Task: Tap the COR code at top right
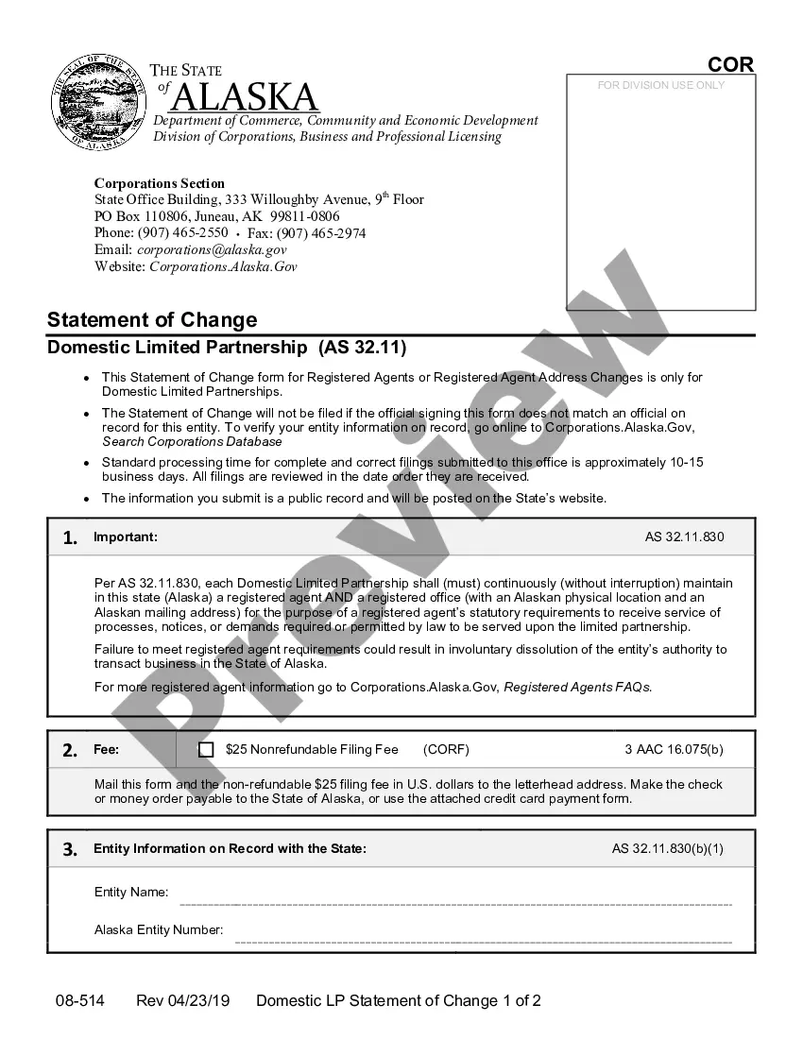click(730, 64)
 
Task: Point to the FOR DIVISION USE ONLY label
click(661, 85)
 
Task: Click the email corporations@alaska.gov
click(212, 250)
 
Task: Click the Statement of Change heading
click(152, 319)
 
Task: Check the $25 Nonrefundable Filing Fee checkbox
click(206, 750)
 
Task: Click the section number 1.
click(70, 538)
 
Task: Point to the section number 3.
click(70, 849)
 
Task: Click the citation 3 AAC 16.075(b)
click(674, 750)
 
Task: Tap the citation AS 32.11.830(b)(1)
click(667, 849)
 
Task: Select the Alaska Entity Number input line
click(483, 941)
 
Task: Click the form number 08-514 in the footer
click(79, 1001)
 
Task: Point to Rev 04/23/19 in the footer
click(182, 1001)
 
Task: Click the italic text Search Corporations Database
click(192, 442)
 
